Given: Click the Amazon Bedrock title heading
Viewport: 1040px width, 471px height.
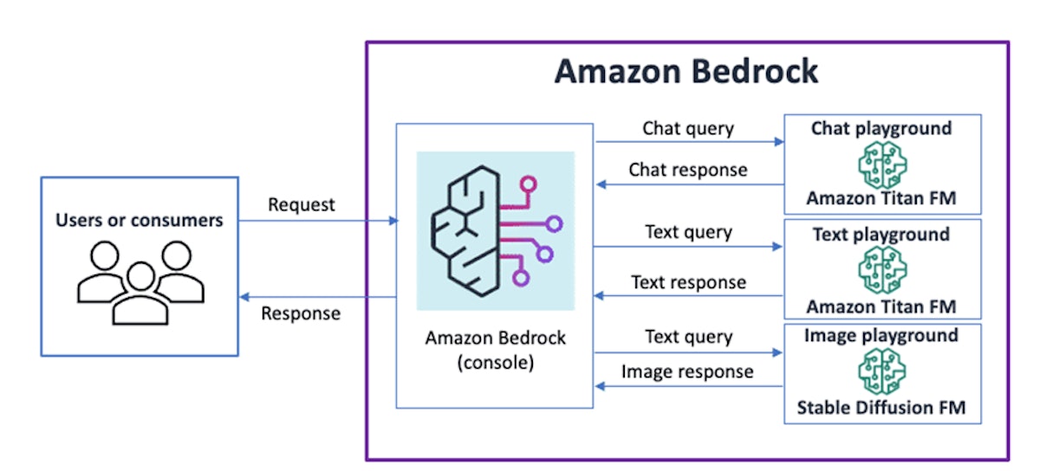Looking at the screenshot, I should [686, 72].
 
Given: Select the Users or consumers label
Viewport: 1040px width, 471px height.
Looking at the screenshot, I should [140, 220].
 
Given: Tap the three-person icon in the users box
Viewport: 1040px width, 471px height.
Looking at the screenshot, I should [140, 281].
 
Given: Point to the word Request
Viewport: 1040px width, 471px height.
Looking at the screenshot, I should [301, 205].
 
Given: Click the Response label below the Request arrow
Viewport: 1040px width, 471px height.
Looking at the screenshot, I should [301, 313].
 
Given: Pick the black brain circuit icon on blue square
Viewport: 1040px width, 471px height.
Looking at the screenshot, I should [495, 230].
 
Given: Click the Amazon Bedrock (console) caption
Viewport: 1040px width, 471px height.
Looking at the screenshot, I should [495, 350].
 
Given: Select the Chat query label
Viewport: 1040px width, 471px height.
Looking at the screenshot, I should [688, 129].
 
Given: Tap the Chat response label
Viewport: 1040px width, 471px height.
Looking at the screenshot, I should [688, 170].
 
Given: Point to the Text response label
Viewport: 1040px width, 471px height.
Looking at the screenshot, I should [688, 282].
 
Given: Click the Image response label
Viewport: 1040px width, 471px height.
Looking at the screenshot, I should [688, 371].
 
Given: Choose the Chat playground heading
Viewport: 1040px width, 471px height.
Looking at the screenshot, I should [881, 129].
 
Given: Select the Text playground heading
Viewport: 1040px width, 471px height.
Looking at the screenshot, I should [881, 235].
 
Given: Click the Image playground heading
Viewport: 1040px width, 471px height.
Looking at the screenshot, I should [881, 336].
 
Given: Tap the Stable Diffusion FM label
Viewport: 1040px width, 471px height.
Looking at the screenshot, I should [881, 407].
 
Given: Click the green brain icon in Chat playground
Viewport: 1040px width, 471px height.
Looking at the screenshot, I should [881, 164].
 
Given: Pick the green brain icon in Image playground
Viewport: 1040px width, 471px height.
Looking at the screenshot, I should [881, 371].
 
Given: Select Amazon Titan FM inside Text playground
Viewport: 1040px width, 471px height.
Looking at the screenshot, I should [881, 306].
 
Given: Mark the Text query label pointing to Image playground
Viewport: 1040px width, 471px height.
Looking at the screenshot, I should [688, 337].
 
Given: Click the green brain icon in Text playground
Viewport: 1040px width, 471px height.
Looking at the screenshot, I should [881, 270].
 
